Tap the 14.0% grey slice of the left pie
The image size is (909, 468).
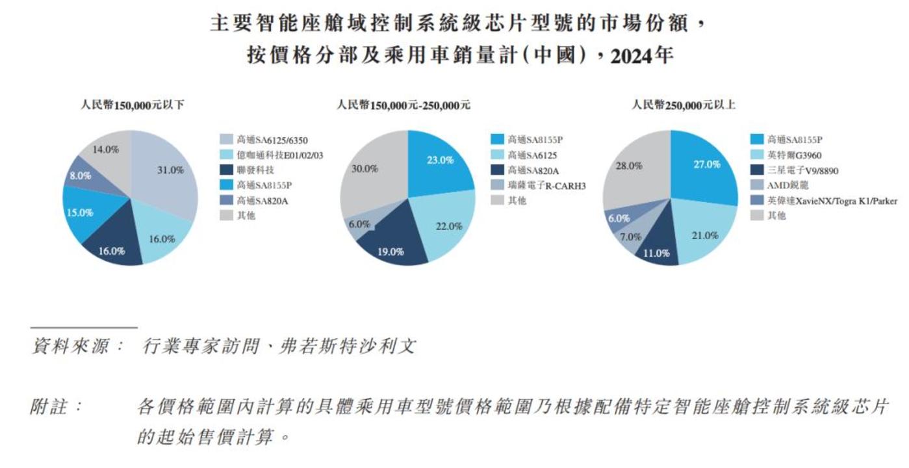(x=105, y=149)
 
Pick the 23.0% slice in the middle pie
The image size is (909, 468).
(x=440, y=161)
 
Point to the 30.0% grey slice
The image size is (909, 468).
(x=365, y=169)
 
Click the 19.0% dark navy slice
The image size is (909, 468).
(x=391, y=250)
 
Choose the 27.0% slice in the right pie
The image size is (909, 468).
(x=706, y=164)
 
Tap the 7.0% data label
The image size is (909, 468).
(x=630, y=237)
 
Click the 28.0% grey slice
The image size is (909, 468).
(x=629, y=166)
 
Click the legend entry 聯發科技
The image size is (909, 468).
(x=254, y=170)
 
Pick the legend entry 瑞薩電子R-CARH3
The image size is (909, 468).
(x=546, y=186)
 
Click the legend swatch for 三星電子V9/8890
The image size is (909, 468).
(x=757, y=170)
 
